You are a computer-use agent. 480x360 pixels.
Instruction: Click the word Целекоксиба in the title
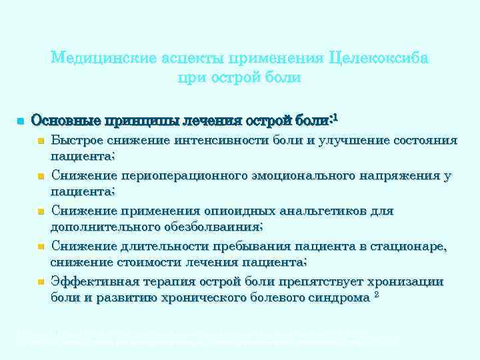point(379,58)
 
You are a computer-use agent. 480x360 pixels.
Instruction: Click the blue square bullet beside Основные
point(21,121)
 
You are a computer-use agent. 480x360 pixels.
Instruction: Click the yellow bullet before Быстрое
point(41,141)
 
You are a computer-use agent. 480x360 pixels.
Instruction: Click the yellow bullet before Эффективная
point(41,283)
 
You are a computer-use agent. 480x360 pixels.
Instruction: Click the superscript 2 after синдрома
point(377,294)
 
